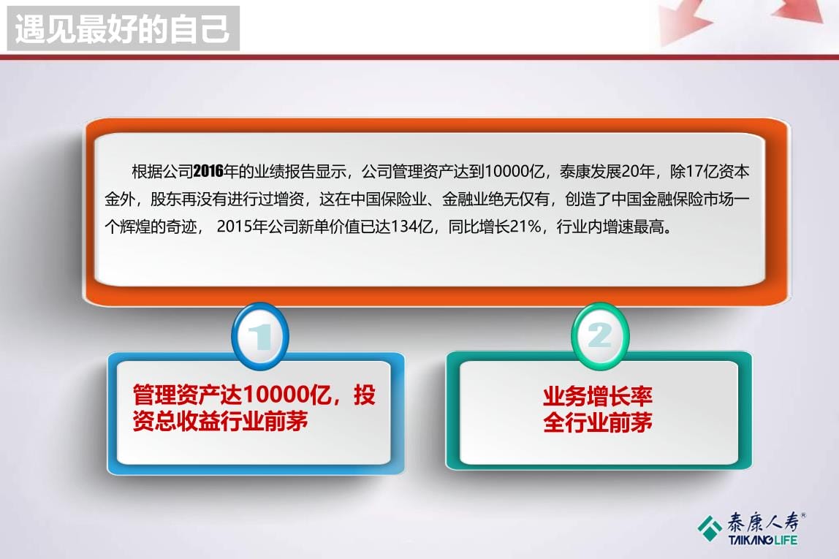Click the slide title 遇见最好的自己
coord(123,29)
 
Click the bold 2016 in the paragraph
coord(209,172)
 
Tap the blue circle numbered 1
coord(260,336)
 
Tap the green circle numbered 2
coord(600,336)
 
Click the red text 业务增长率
coord(598,396)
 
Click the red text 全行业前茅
coord(598,422)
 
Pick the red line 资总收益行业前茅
coord(220,422)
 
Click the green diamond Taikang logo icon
coord(710,528)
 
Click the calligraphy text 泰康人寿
coord(764,522)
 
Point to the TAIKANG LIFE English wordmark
coord(762,540)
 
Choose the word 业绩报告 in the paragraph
coord(285,172)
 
